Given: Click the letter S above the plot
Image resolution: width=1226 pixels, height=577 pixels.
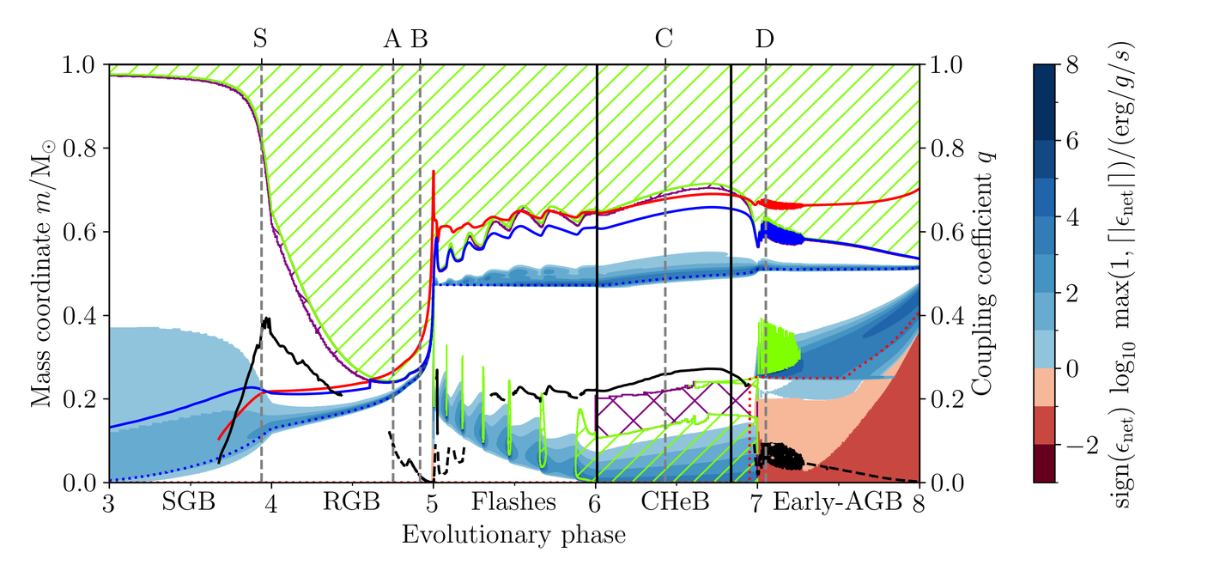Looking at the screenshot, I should click(x=261, y=38).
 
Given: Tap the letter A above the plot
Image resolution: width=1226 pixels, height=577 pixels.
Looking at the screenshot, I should click(x=391, y=38).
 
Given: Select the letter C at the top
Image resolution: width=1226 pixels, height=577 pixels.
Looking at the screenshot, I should click(x=664, y=38).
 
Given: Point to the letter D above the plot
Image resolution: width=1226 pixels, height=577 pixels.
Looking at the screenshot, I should click(x=764, y=38).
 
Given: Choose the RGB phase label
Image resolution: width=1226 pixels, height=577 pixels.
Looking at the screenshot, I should click(x=351, y=502).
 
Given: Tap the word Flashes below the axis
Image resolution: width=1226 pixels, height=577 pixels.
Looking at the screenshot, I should click(x=514, y=502).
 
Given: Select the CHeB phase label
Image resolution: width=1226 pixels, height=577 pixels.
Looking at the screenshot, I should click(x=675, y=502).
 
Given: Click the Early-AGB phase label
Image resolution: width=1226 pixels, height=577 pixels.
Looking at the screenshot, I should click(x=838, y=502).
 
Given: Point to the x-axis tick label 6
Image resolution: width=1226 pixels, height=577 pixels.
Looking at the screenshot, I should click(x=596, y=502).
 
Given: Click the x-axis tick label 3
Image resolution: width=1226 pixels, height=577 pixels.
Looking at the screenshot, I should click(x=109, y=502).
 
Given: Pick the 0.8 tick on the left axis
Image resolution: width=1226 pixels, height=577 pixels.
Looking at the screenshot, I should click(x=86, y=149).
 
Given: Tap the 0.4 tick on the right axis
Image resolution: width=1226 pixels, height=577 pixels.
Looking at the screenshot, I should click(x=943, y=316).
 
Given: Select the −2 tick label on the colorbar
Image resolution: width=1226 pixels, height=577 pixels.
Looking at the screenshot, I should click(x=1078, y=444).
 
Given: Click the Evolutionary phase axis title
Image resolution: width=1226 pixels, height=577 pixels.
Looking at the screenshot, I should click(x=513, y=535).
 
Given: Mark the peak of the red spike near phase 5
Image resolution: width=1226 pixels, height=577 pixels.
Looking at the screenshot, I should click(x=434, y=172).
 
